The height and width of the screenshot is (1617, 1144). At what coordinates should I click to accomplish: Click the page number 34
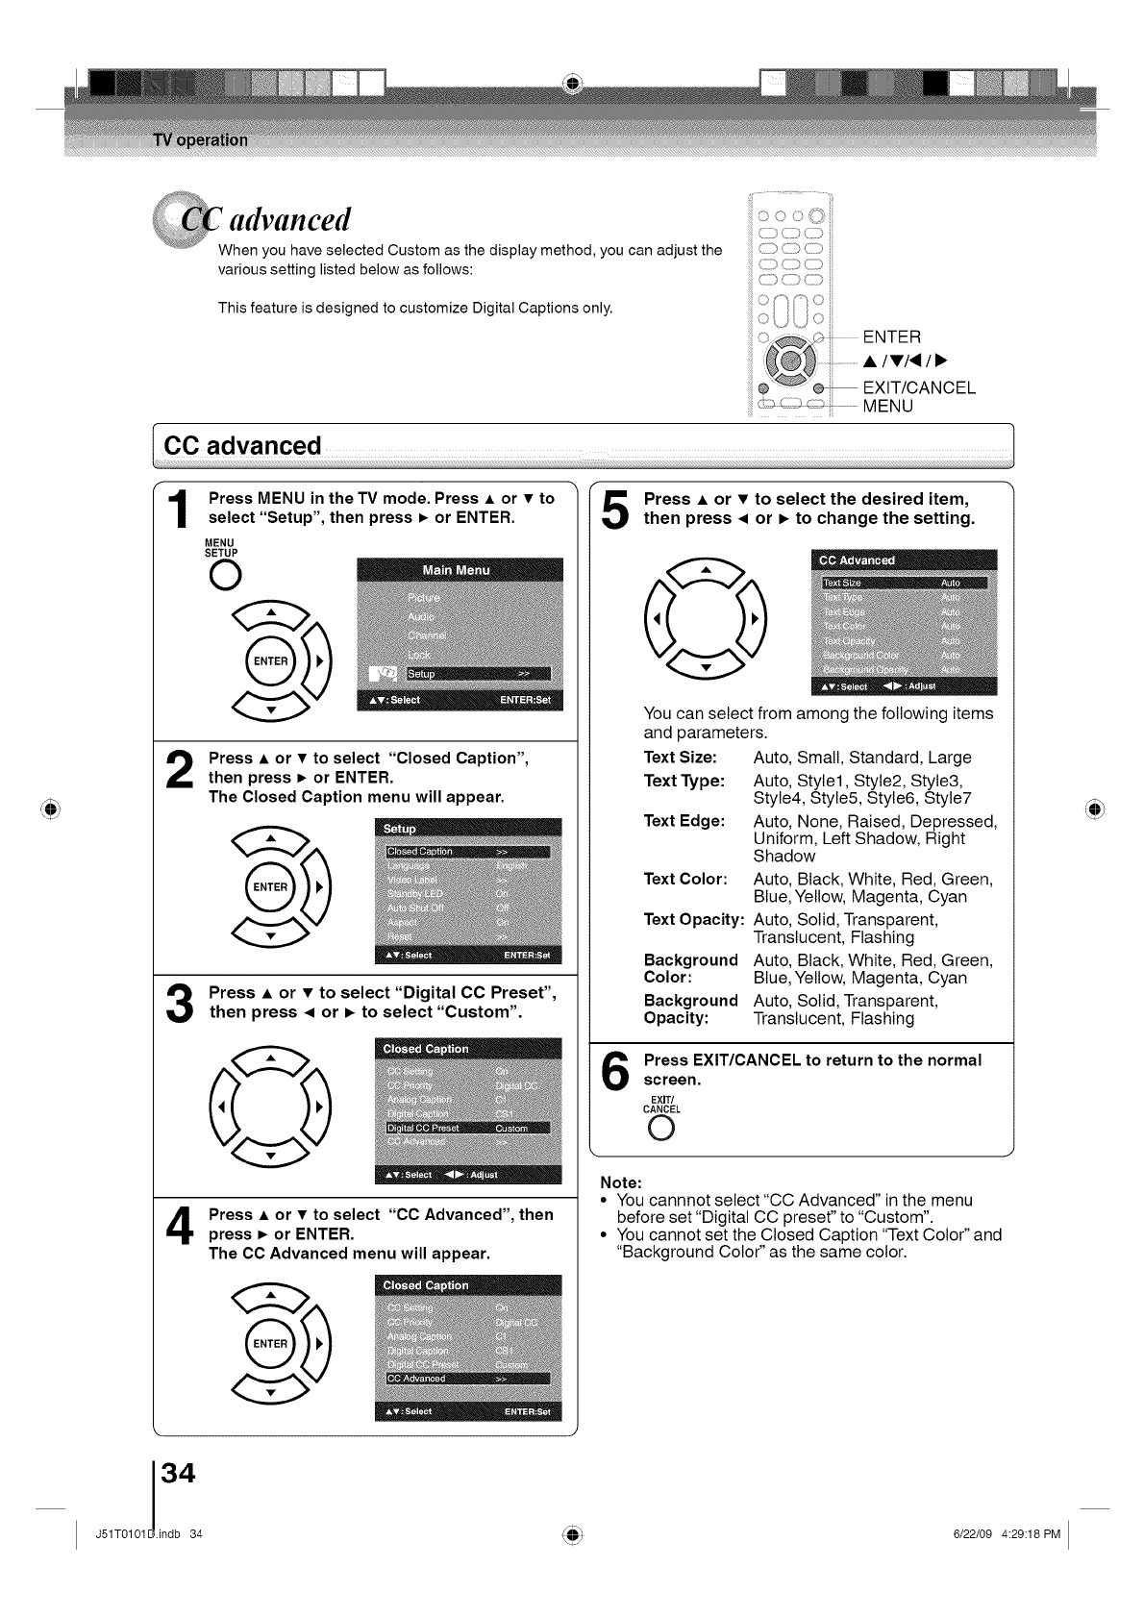(179, 1472)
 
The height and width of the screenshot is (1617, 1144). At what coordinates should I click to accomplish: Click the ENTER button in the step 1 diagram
(270, 661)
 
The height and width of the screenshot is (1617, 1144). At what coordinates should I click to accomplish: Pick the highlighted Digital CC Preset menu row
(467, 1128)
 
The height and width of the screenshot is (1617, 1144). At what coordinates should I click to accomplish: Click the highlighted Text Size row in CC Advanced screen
(904, 583)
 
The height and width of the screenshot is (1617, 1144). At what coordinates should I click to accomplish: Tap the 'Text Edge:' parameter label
(684, 822)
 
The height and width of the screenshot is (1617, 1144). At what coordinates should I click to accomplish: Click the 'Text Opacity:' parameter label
(693, 920)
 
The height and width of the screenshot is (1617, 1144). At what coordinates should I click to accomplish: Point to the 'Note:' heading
(620, 1182)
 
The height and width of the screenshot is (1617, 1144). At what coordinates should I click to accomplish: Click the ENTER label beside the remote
(891, 336)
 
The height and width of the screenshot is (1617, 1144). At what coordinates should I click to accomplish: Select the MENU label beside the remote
(887, 407)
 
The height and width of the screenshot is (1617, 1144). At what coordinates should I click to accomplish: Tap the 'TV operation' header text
(200, 140)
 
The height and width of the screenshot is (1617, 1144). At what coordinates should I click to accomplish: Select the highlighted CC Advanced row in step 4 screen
(467, 1379)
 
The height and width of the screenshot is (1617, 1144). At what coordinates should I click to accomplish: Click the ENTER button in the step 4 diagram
(270, 1344)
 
